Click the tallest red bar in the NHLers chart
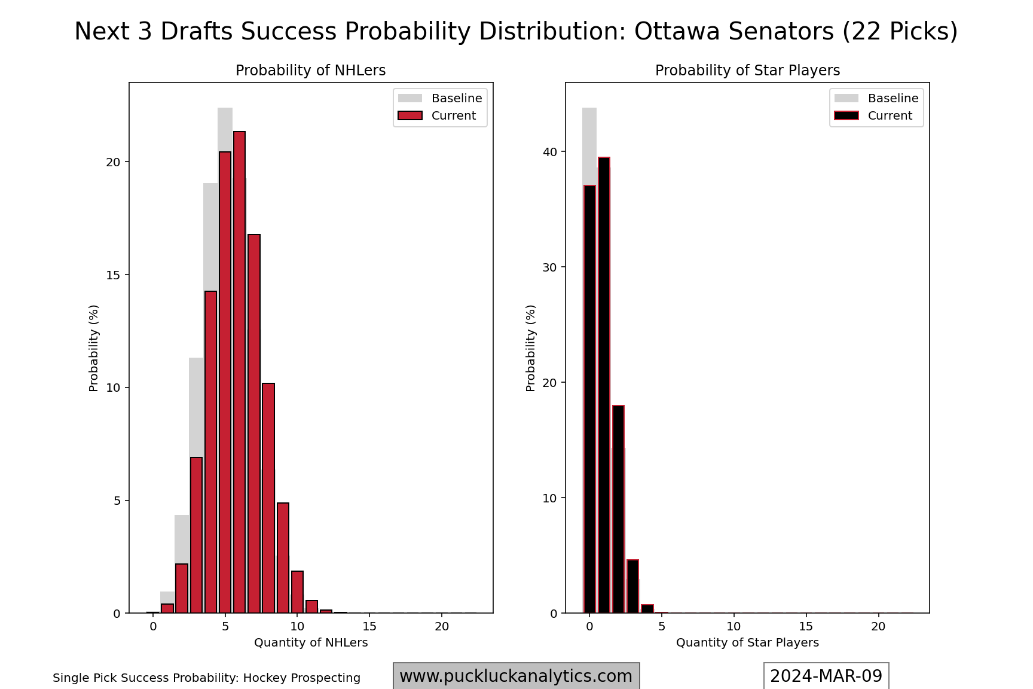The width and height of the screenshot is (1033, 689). tap(239, 371)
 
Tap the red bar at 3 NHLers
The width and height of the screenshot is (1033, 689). tap(196, 535)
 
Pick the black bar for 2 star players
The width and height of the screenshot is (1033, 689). tap(618, 509)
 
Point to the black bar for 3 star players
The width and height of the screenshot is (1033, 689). tap(632, 586)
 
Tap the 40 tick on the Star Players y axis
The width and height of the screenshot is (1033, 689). tap(549, 152)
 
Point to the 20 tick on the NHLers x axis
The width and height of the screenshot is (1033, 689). tap(442, 626)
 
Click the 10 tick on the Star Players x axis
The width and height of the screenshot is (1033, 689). tap(734, 626)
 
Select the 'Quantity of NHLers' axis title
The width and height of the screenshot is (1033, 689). tap(311, 643)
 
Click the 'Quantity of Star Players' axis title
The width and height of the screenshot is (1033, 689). tap(747, 643)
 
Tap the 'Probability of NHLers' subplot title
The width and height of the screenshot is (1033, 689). tap(310, 71)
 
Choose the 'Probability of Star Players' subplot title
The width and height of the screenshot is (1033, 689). tap(747, 71)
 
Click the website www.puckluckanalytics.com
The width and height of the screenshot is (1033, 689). tap(516, 676)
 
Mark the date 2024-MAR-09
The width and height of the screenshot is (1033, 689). tap(826, 676)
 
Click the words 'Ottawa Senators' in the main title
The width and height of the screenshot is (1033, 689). tap(734, 31)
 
